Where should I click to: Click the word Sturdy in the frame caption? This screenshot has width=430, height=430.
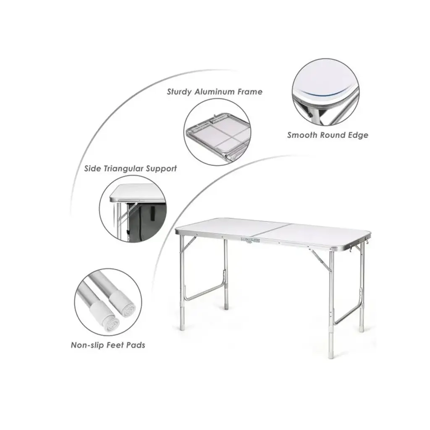(179, 92)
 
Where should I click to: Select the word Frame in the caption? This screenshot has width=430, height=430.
(250, 92)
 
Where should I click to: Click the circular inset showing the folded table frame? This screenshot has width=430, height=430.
(217, 132)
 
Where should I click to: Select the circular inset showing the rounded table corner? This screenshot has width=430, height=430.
(325, 92)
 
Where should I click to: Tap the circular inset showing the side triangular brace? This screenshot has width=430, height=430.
(133, 209)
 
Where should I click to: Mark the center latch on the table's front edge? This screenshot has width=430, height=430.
(250, 240)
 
